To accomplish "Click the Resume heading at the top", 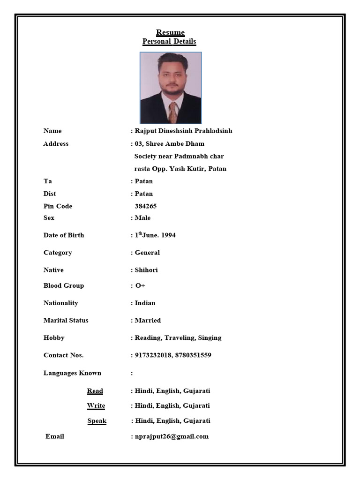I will pos(170,32).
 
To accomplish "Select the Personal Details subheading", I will pos(169,41).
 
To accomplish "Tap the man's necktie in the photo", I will pos(173,112).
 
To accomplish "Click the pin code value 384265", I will pos(146,206).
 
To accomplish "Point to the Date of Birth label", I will pos(64,235).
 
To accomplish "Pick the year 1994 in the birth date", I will pos(168,235).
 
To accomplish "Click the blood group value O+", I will pos(140,286).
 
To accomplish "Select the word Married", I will pos(148,321).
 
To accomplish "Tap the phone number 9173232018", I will pos(153,355).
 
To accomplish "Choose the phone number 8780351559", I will pos(193,355).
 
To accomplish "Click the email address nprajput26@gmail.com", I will pos(172,436).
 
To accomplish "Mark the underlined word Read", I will pos(95,391).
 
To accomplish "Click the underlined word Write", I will pos(96,405).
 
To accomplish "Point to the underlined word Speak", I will pos(97,421).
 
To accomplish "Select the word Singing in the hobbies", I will pos(210,338).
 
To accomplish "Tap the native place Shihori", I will pos(146,270).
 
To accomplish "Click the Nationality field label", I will pos(61,303).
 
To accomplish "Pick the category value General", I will pos(147,253).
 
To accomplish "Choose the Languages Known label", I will pos(72,373).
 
